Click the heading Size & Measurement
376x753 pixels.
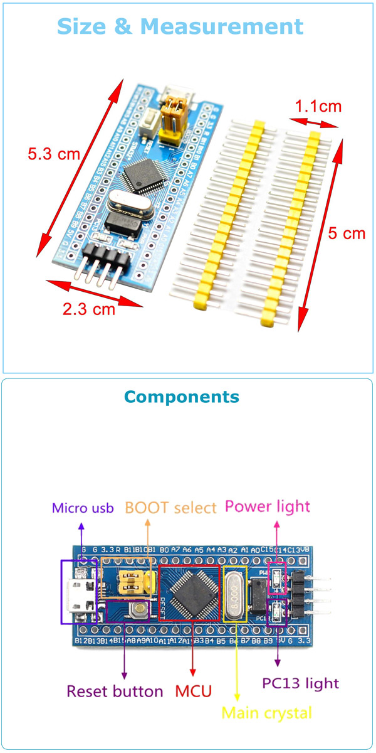180,26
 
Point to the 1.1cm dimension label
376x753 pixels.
318,106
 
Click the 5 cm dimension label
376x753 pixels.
347,233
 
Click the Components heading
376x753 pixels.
181,397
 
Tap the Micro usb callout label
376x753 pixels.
83,508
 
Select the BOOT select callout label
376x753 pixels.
170,508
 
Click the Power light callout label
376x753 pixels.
267,506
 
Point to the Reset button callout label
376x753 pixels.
115,692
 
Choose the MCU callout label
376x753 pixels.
193,692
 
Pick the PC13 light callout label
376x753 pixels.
300,683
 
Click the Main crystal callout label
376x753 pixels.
266,713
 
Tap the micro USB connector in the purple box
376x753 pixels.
80,593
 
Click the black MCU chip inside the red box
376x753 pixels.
190,592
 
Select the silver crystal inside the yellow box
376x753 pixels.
235,593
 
